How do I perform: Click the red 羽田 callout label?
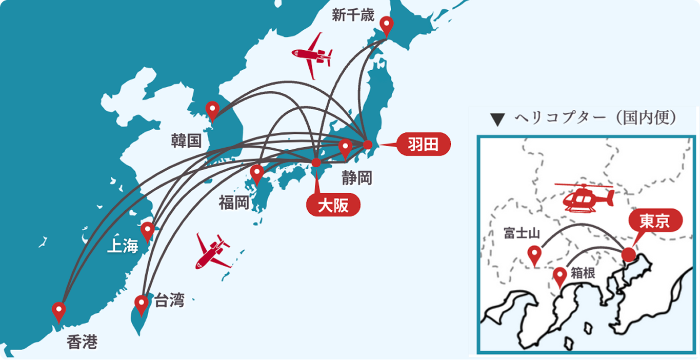click(423, 145)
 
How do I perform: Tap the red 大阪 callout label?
click(333, 206)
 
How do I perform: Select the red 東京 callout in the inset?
click(655, 221)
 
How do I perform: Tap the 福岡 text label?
click(234, 203)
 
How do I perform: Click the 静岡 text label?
click(356, 178)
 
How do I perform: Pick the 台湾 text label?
click(169, 300)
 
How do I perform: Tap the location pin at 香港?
click(59, 311)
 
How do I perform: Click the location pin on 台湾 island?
click(141, 304)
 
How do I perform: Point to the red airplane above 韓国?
click(312, 55)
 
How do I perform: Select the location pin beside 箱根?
click(559, 276)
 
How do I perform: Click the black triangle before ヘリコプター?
click(495, 119)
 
